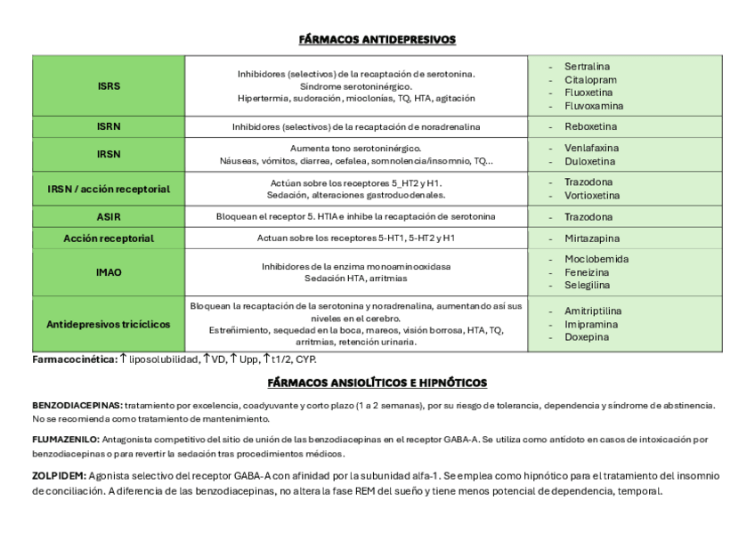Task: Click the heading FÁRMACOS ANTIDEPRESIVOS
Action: coord(377,39)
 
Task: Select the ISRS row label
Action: coord(109,86)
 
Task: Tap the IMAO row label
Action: coord(109,272)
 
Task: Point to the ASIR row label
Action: coord(109,216)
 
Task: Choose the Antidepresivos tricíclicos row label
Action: coord(109,324)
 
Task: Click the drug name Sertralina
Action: coord(587,67)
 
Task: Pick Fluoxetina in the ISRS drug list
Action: coord(589,93)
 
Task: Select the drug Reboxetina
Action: coord(589,127)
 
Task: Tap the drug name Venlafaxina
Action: coord(591,148)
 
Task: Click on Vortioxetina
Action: coord(592,195)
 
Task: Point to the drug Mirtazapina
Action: coord(591,238)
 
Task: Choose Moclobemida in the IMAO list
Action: coord(596,259)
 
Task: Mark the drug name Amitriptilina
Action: coord(593,311)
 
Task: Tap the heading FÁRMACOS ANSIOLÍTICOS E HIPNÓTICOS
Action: coord(377,383)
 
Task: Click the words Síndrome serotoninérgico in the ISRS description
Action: coord(355,86)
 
